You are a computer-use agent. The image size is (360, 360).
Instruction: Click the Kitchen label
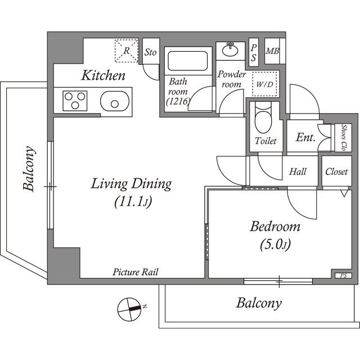point(103,75)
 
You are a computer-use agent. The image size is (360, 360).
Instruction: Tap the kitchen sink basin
point(115,101)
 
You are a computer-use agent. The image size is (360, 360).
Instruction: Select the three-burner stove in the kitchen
point(75,101)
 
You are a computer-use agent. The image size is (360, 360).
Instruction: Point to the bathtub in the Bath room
point(188,61)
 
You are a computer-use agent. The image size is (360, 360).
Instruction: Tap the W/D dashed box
point(264,84)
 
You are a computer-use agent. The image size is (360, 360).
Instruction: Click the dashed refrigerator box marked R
point(127,51)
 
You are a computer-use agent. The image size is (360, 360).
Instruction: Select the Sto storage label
point(150,52)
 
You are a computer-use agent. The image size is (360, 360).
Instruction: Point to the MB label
point(272,51)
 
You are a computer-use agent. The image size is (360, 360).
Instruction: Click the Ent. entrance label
point(305,137)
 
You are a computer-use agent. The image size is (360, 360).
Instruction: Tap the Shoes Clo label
point(344,137)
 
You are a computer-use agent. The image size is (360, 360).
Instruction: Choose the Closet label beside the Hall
point(336,172)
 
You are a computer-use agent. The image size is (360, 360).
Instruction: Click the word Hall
point(298,172)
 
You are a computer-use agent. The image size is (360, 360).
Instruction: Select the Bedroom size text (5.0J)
point(275,245)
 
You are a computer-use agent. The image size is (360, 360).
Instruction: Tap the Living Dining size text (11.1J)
point(133,202)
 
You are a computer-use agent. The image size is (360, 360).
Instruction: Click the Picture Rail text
point(136,272)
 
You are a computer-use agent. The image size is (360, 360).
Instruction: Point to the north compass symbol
point(130,309)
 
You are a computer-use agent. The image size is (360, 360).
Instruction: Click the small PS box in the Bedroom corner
point(343,276)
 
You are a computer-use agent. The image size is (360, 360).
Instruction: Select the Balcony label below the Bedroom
point(259,303)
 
